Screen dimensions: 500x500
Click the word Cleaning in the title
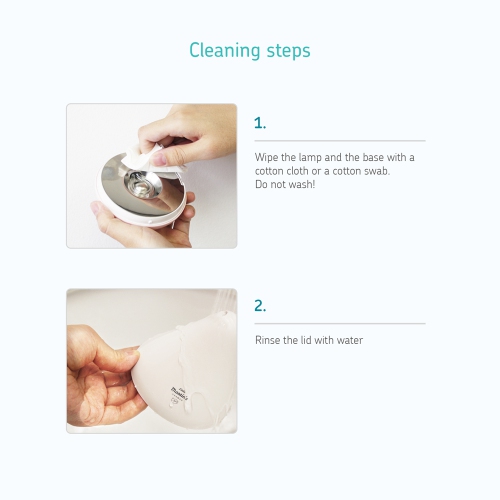tap(225, 51)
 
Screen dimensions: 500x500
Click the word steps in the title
tap(289, 52)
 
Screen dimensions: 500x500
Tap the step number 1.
tap(260, 123)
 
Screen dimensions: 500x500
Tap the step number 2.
tap(260, 305)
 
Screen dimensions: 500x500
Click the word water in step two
tap(350, 340)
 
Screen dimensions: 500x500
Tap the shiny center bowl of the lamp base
tap(142, 184)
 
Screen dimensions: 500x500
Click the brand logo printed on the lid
tap(179, 394)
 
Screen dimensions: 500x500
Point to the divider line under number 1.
tap(340, 141)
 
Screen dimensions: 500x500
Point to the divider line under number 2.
tap(340, 323)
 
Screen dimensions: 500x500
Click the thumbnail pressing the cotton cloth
tap(161, 158)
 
